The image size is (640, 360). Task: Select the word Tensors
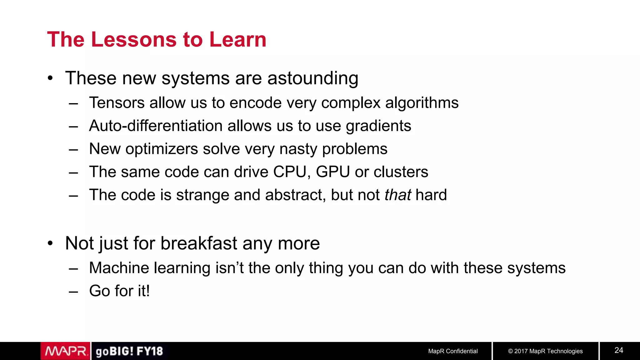click(117, 103)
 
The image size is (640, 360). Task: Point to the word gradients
click(378, 126)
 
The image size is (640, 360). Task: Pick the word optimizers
click(162, 149)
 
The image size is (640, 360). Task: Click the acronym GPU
click(332, 172)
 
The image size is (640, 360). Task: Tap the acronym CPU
click(289, 172)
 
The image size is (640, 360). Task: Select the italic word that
click(397, 195)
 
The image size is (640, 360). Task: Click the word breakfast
click(199, 243)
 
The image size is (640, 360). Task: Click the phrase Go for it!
click(119, 291)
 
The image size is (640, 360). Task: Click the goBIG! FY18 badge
click(129, 351)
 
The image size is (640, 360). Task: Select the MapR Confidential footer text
click(452, 351)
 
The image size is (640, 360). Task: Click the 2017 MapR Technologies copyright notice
click(545, 351)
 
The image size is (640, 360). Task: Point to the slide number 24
click(619, 350)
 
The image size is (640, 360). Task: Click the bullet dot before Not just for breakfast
click(50, 243)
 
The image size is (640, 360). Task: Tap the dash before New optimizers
click(73, 149)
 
